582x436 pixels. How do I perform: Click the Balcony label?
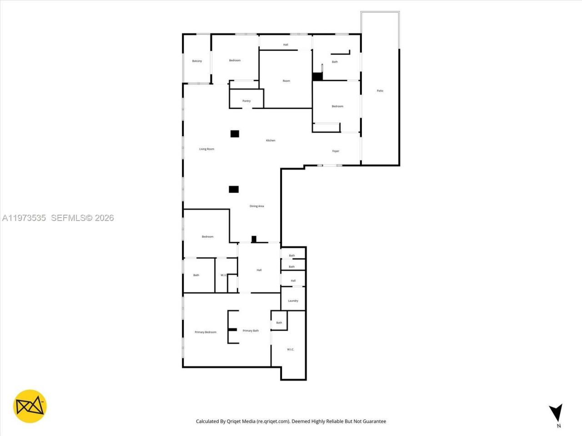click(x=197, y=61)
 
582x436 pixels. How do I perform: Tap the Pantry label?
click(x=246, y=101)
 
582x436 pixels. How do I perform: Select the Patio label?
click(x=380, y=91)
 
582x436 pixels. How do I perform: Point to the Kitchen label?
click(x=271, y=140)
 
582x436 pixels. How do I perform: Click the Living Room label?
click(x=206, y=149)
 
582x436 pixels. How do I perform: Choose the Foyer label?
click(x=336, y=151)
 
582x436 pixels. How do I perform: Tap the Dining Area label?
click(x=256, y=206)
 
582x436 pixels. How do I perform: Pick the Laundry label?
click(x=293, y=301)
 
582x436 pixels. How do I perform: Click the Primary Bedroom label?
click(x=206, y=332)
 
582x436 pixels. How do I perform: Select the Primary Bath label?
click(x=251, y=331)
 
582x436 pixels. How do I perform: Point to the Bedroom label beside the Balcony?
click(x=235, y=60)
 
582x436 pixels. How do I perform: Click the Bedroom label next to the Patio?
click(x=337, y=106)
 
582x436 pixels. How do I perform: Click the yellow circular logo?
click(x=30, y=406)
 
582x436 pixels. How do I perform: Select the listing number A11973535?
click(x=24, y=218)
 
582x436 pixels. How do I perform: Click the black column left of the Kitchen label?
click(x=235, y=134)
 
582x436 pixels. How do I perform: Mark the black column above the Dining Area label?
click(x=234, y=189)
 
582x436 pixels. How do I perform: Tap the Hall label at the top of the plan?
click(x=286, y=45)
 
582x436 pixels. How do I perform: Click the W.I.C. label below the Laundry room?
click(x=291, y=349)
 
